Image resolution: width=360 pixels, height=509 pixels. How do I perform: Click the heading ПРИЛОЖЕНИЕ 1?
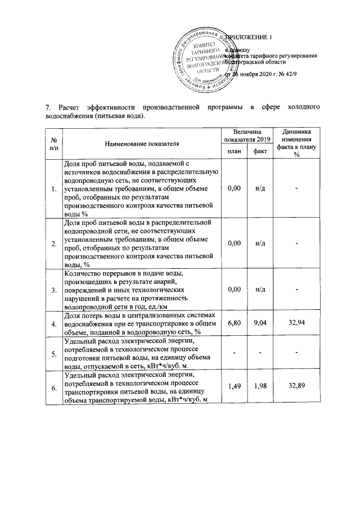coord(248,38)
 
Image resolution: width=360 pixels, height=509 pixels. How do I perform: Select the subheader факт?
coord(260,151)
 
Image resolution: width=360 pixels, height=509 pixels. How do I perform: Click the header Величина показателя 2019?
coord(247,135)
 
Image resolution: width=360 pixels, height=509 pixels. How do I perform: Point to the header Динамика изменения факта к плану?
coord(296,143)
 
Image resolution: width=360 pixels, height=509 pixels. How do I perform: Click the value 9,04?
coord(260,324)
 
